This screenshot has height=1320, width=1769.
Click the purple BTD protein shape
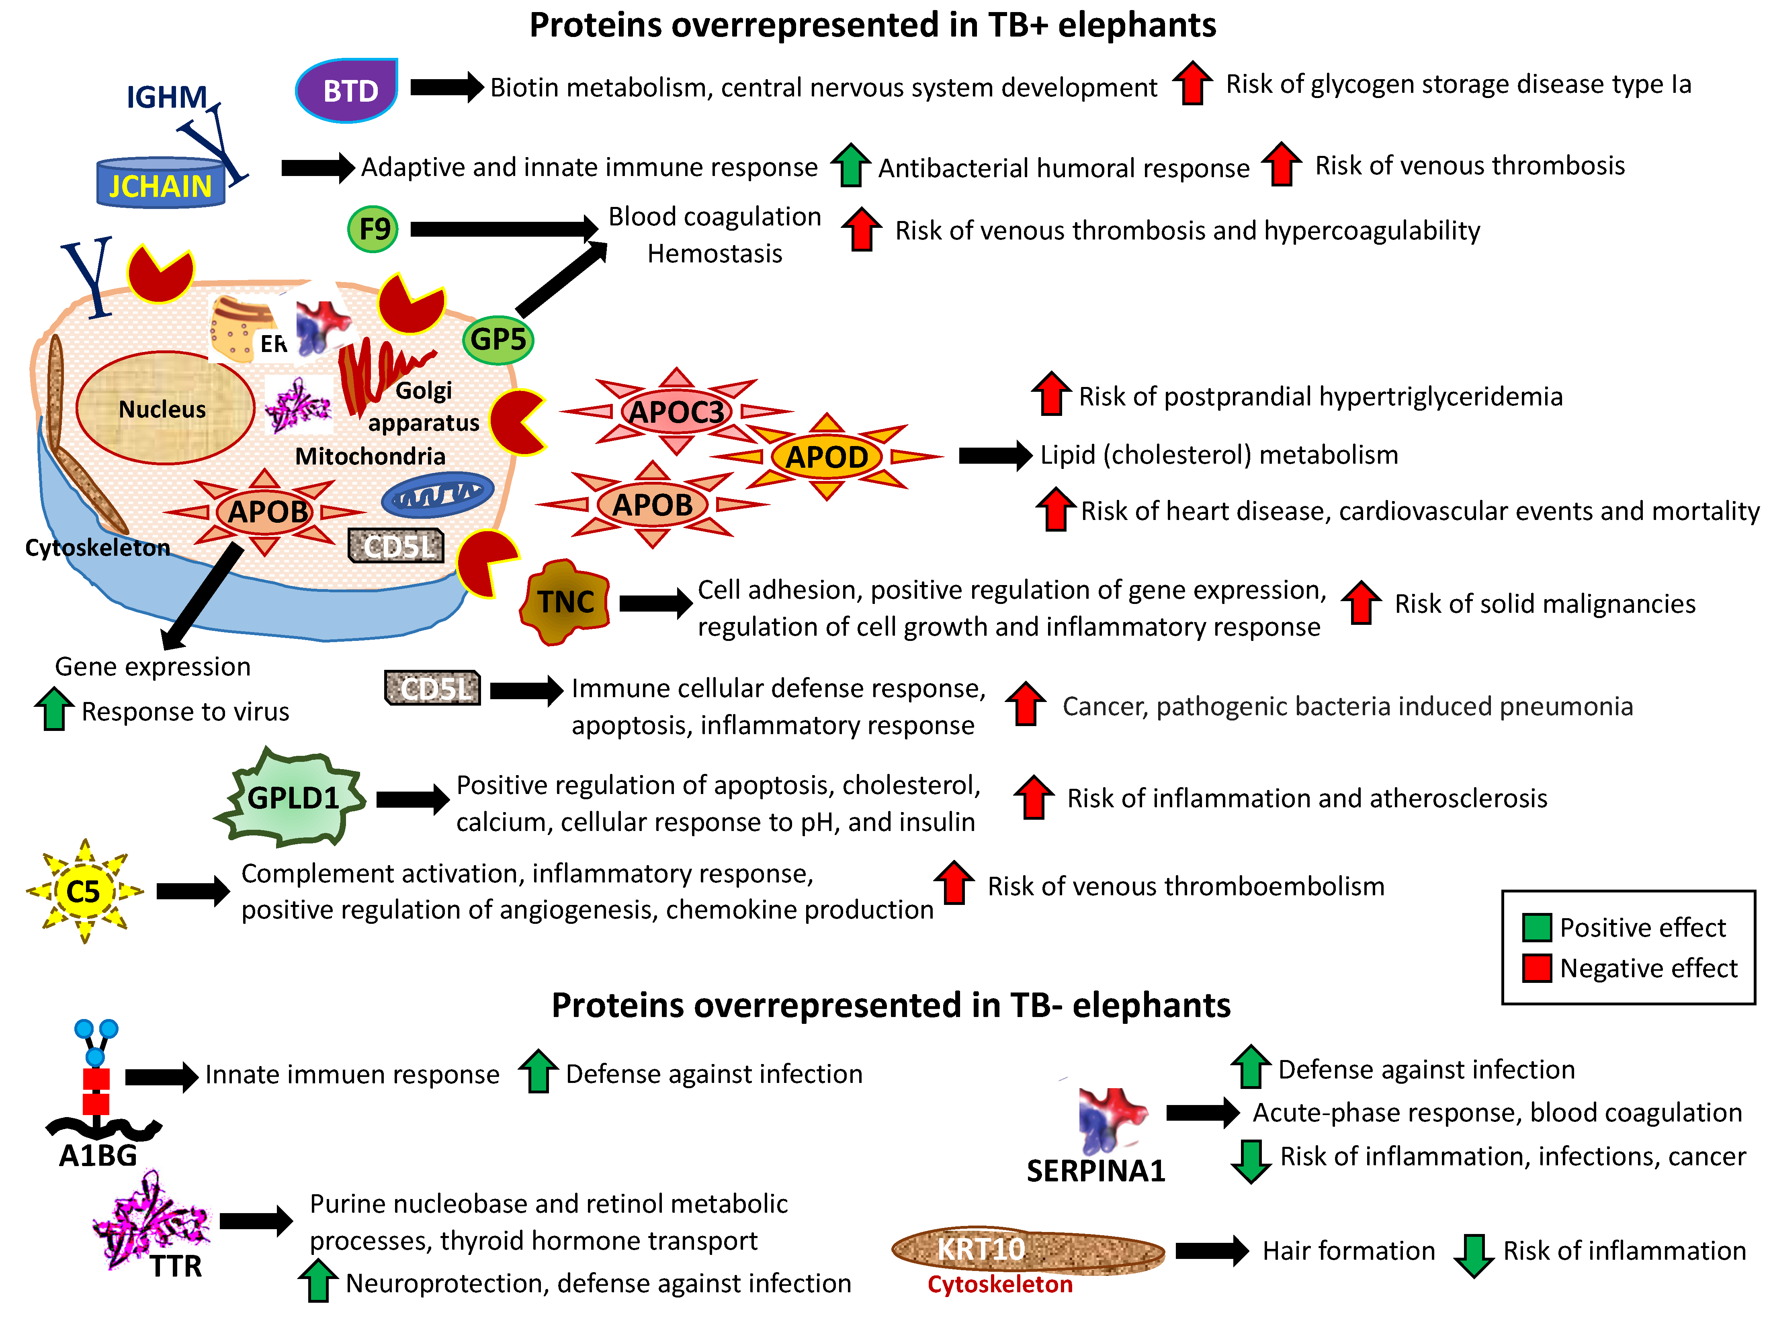348,90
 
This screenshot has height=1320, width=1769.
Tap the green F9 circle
373,229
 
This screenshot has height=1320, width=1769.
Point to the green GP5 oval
498,340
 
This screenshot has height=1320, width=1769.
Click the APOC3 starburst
677,411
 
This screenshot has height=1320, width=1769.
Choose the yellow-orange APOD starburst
827,457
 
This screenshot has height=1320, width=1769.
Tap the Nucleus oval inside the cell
164,408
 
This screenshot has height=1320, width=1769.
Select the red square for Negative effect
1536,968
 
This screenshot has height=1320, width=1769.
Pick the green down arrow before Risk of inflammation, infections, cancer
1251,1160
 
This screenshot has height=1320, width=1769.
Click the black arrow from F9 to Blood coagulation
504,229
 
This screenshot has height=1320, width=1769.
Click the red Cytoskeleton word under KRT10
999,1284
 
